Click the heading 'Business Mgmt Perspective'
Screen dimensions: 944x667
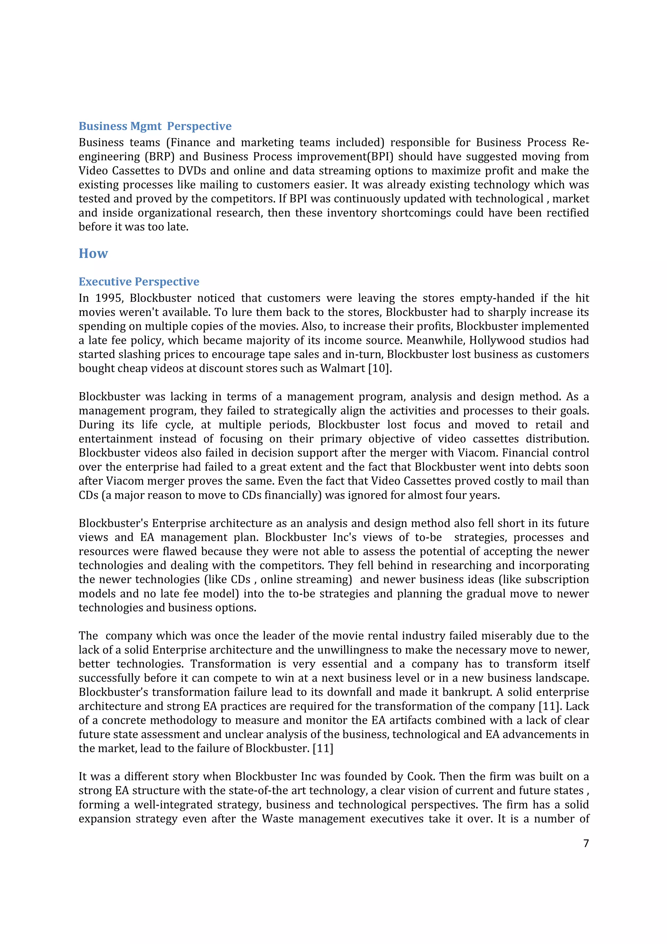click(155, 126)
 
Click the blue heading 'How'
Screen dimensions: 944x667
click(93, 253)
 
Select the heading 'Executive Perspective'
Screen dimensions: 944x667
click(139, 282)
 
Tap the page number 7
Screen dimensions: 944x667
click(586, 843)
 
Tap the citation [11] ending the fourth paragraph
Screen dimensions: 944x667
click(323, 749)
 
